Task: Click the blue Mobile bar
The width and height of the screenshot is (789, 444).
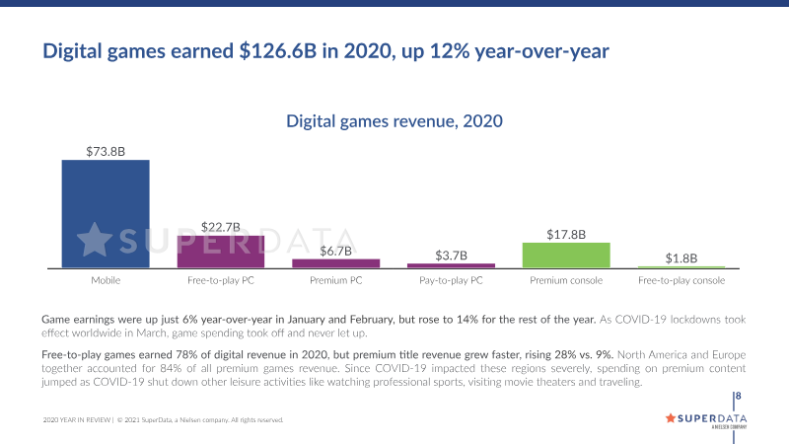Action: pos(106,213)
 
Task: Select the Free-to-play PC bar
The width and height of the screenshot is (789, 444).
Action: pos(221,251)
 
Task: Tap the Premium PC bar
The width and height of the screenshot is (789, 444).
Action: pos(336,262)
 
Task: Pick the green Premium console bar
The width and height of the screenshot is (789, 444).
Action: pos(566,255)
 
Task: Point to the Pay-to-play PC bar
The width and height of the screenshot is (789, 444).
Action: pos(451,264)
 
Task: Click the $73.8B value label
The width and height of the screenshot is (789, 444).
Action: pos(106,151)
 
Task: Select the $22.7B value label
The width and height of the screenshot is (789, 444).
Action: pos(221,227)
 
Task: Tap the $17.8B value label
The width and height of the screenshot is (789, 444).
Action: pos(566,235)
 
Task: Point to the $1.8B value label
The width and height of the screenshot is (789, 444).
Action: pos(681,258)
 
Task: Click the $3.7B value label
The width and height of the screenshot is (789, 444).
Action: pos(451,255)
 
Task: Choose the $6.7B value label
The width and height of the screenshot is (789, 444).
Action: pos(336,251)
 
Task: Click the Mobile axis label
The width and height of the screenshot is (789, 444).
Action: pos(106,280)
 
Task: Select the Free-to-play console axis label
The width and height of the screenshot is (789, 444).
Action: pos(681,280)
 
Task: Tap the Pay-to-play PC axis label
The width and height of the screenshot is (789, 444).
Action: pos(451,280)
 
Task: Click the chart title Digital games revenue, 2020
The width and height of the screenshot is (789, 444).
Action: pos(394,121)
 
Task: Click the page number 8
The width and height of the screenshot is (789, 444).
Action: pos(739,397)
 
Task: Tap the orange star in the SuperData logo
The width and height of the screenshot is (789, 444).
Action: pos(672,417)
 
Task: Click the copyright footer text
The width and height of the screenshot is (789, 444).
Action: pos(164,420)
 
